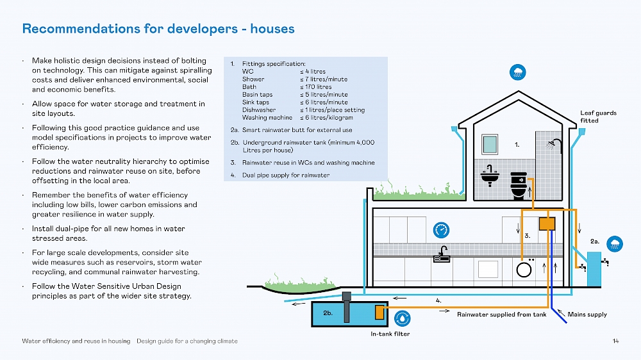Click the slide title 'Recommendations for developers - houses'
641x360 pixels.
click(158, 29)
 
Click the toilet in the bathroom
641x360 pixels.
click(518, 185)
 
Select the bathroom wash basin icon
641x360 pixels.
click(490, 175)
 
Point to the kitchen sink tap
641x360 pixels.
click(442, 254)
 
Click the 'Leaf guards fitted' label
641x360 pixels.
click(598, 116)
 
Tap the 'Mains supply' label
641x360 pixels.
click(587, 315)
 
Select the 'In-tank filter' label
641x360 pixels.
click(390, 334)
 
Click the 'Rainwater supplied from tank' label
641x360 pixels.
click(501, 315)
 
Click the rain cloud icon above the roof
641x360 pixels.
click(517, 72)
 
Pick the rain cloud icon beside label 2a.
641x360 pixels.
click(615, 242)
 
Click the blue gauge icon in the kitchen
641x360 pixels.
click(440, 229)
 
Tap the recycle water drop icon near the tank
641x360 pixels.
click(402, 318)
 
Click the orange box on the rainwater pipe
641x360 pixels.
click(547, 224)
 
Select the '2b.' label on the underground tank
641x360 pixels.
click(328, 313)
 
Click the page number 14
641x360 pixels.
click(616, 341)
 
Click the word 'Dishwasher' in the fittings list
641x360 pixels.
click(258, 110)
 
